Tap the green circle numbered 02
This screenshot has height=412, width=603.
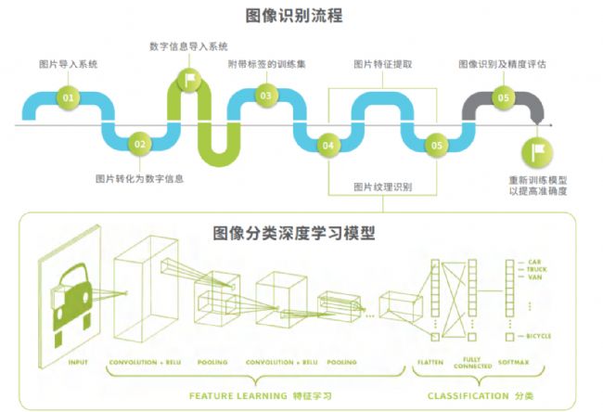[x=139, y=144]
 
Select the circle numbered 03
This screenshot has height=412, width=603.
[x=266, y=96]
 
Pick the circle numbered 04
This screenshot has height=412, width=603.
[x=327, y=145]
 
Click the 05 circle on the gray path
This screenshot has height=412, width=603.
[x=504, y=97]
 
